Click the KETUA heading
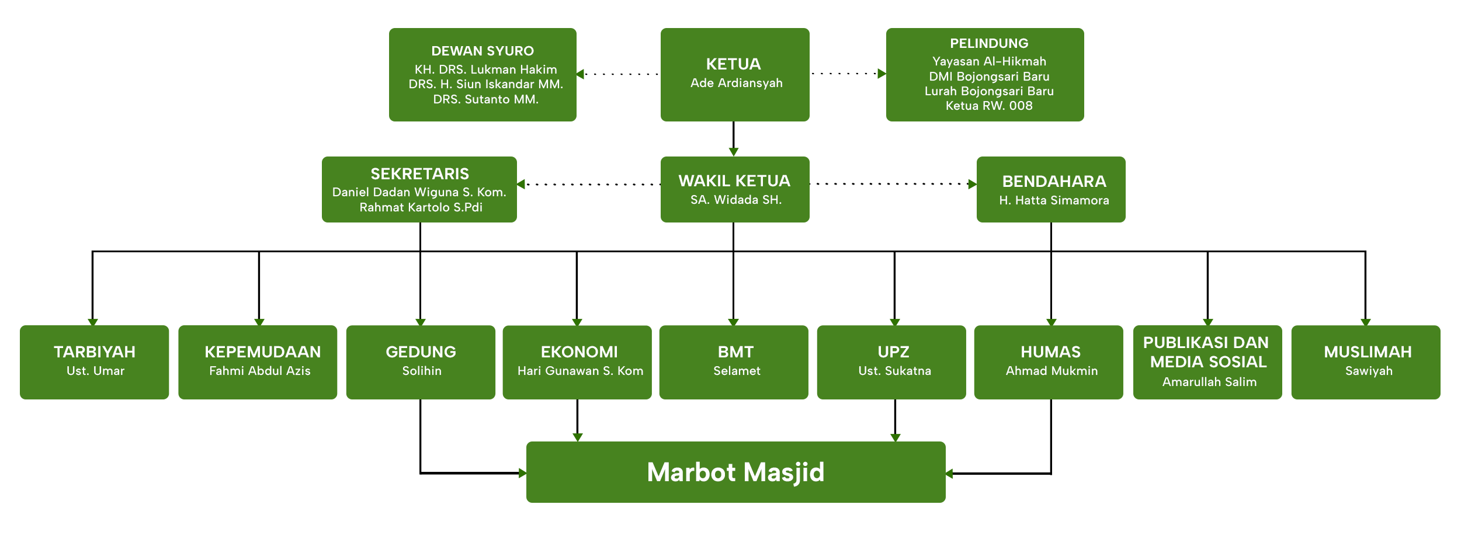pyautogui.click(x=733, y=64)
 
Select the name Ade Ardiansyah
pyautogui.click(x=736, y=83)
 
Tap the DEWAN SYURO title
pyautogui.click(x=483, y=51)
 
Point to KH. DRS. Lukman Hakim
pyautogui.click(x=485, y=69)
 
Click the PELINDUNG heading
pyautogui.click(x=989, y=43)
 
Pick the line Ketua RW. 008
pyautogui.click(x=989, y=106)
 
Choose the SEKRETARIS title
pyautogui.click(x=419, y=173)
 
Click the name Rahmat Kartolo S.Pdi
pyautogui.click(x=421, y=207)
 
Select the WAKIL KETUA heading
pyautogui.click(x=734, y=181)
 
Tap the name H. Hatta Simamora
pyautogui.click(x=1054, y=200)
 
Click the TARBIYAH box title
pyautogui.click(x=95, y=352)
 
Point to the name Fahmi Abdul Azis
pyautogui.click(x=260, y=371)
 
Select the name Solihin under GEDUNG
pyautogui.click(x=422, y=371)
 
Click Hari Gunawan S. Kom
pyautogui.click(x=580, y=371)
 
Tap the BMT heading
pyautogui.click(x=735, y=352)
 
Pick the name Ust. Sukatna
pyautogui.click(x=894, y=371)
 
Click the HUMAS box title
pyautogui.click(x=1050, y=352)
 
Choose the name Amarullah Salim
pyautogui.click(x=1209, y=382)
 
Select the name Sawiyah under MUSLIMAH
pyautogui.click(x=1369, y=371)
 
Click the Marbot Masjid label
pyautogui.click(x=735, y=472)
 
